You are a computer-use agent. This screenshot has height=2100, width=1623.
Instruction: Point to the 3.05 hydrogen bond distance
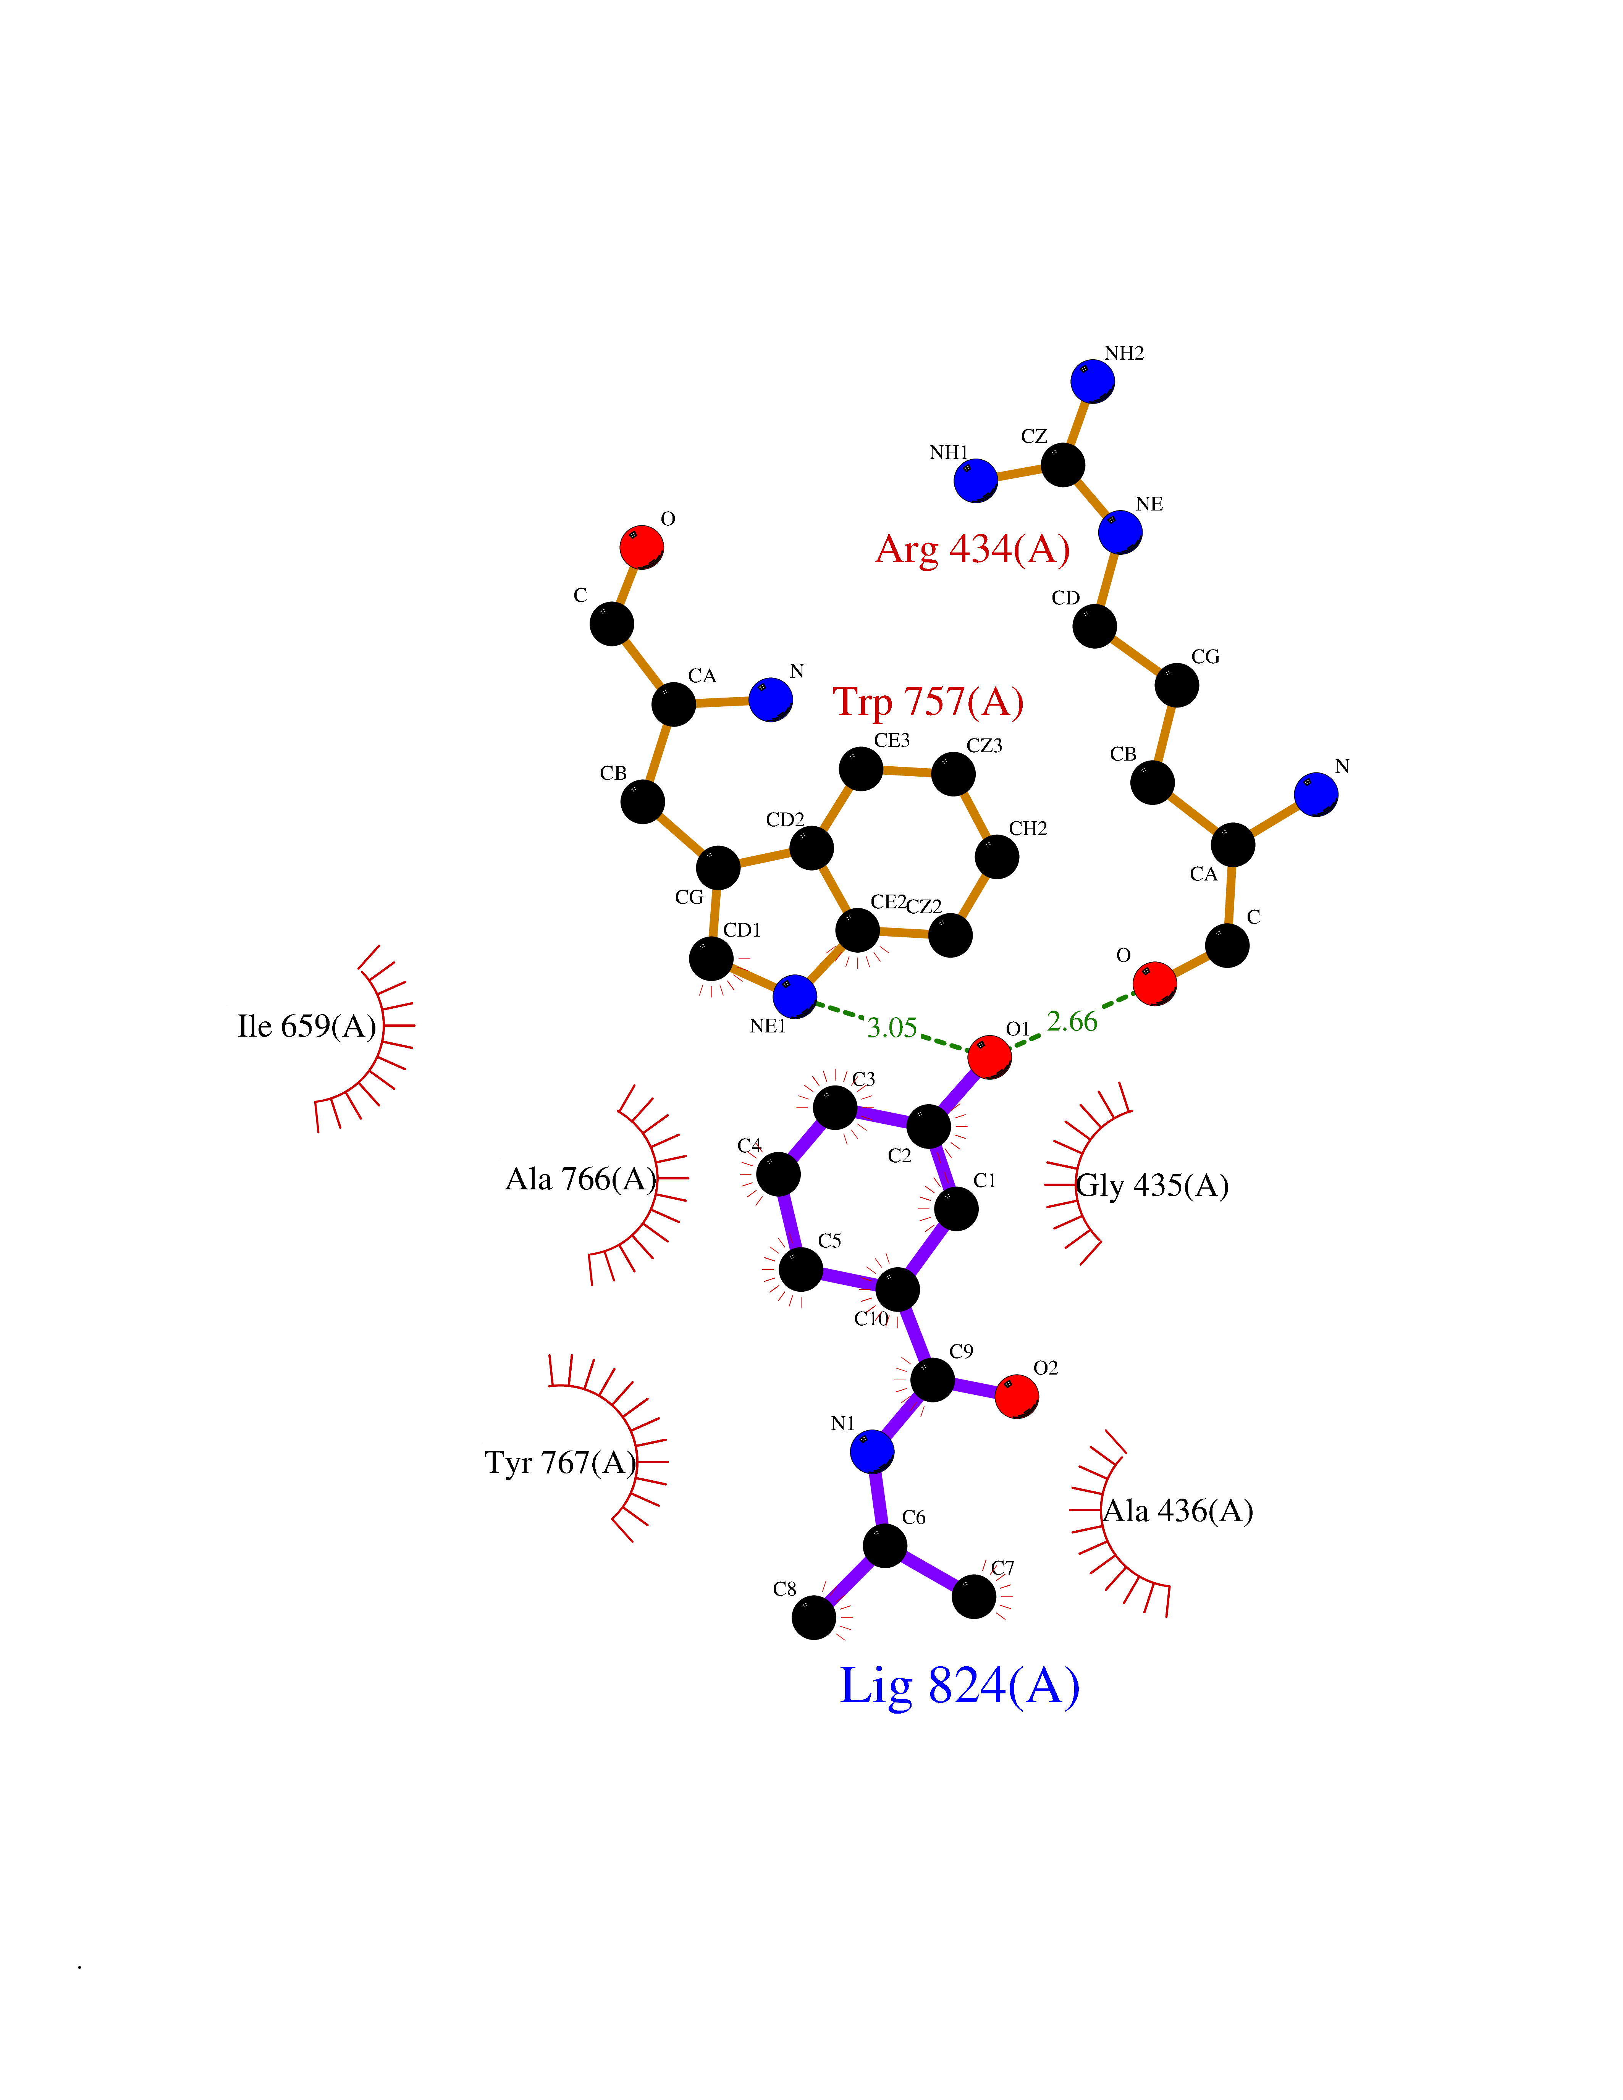(892, 1028)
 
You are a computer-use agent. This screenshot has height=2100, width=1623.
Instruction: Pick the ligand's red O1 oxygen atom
(989, 1057)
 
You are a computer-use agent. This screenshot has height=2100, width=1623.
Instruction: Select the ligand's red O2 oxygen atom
(1016, 1396)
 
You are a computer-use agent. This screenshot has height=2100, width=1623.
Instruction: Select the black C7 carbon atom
(974, 1596)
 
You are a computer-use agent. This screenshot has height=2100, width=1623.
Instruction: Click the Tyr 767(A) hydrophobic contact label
(561, 1462)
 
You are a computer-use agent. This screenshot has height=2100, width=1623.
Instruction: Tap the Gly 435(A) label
(1152, 1186)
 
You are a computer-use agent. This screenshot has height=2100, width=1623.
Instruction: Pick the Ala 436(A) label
(1178, 1510)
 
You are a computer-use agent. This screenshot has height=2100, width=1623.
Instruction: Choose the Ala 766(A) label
(581, 1179)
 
